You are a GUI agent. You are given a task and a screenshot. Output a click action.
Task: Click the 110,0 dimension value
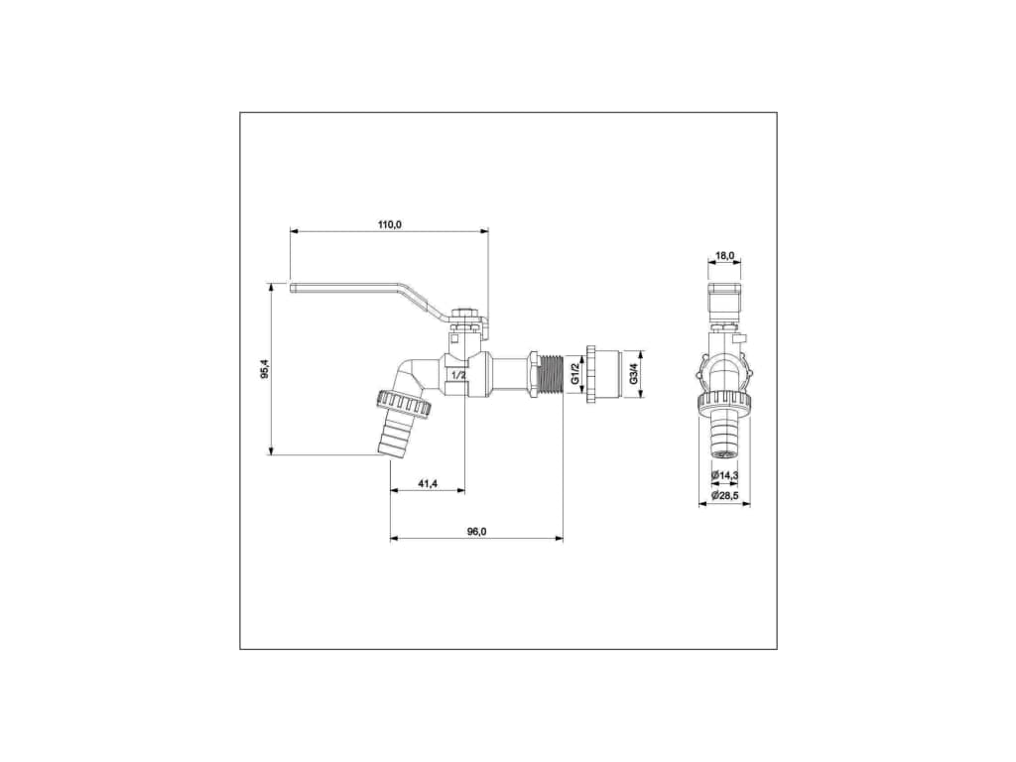pos(390,225)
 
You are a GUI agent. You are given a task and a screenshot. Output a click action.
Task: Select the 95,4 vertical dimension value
pos(264,370)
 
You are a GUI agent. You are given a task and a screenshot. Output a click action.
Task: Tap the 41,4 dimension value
pos(428,483)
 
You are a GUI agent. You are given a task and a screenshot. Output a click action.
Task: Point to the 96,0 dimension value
pos(476,532)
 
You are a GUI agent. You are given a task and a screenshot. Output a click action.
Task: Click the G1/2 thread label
pos(575,374)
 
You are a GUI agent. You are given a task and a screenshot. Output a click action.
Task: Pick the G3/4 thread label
pos(632,374)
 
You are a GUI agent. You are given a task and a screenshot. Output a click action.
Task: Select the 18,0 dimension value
pos(724,256)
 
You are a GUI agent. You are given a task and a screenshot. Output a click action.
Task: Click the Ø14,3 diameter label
pos(725,475)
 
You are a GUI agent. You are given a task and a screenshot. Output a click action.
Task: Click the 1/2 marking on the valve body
pos(458,375)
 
